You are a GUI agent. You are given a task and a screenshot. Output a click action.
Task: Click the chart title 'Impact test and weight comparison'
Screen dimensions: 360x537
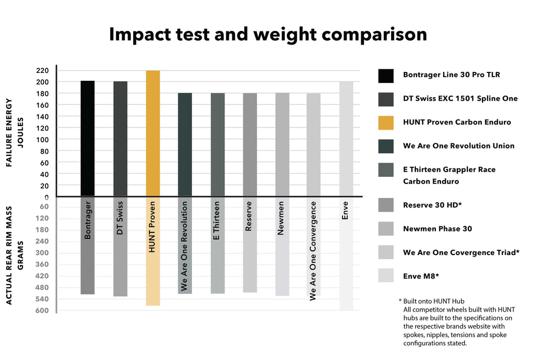pos(268,34)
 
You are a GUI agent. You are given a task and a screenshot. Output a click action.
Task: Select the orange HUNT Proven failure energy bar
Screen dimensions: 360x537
pos(153,133)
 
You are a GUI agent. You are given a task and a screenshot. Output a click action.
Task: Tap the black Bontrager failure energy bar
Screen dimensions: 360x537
pos(88,139)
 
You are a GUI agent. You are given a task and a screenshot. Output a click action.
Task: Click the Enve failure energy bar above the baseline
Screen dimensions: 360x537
pos(346,139)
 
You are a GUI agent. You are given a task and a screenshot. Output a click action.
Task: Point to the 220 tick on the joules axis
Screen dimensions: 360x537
pos(42,70)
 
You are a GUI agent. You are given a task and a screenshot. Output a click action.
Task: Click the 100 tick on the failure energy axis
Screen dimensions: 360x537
pos(42,140)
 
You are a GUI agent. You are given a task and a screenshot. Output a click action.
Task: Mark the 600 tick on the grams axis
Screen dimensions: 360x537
pos(42,310)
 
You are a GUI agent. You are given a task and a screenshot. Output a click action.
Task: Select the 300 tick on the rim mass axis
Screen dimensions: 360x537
pos(42,253)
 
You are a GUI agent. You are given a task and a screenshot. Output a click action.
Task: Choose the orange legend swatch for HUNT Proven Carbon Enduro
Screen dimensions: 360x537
pos(385,122)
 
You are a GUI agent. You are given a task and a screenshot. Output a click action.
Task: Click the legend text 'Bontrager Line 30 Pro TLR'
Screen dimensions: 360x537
pos(451,75)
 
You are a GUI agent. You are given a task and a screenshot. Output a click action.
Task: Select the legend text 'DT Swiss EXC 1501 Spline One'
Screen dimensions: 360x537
pos(460,98)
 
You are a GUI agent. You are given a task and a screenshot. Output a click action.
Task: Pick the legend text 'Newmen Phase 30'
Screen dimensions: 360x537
pos(437,229)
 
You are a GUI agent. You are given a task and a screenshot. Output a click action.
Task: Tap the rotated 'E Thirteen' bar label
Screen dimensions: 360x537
pos(217,220)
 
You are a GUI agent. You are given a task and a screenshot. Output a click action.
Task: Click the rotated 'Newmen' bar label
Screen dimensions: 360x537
pos(281,217)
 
